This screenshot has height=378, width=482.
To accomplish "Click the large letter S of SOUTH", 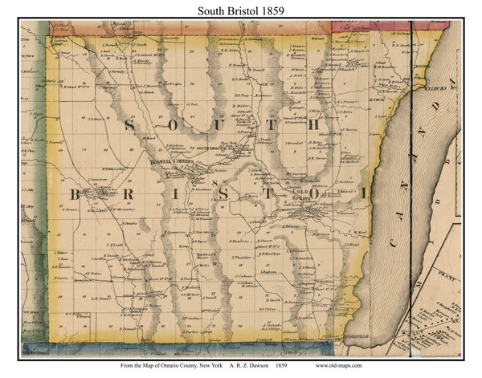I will coord(126,125).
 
